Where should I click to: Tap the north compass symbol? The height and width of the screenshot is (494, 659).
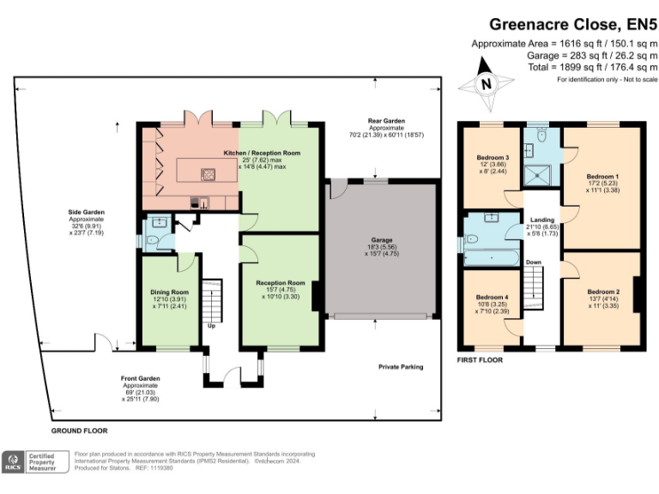tap(485, 84)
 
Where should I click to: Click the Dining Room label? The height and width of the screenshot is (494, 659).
tap(169, 292)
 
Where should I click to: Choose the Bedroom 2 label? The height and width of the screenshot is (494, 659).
tap(603, 292)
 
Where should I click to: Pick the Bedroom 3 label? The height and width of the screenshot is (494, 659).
tap(493, 158)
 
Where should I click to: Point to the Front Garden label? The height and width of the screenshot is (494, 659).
tap(141, 378)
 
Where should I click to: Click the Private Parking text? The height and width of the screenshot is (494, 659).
tap(402, 366)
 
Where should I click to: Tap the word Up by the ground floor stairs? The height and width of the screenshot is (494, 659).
tap(210, 326)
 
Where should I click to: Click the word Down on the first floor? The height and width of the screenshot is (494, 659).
tap(533, 262)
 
